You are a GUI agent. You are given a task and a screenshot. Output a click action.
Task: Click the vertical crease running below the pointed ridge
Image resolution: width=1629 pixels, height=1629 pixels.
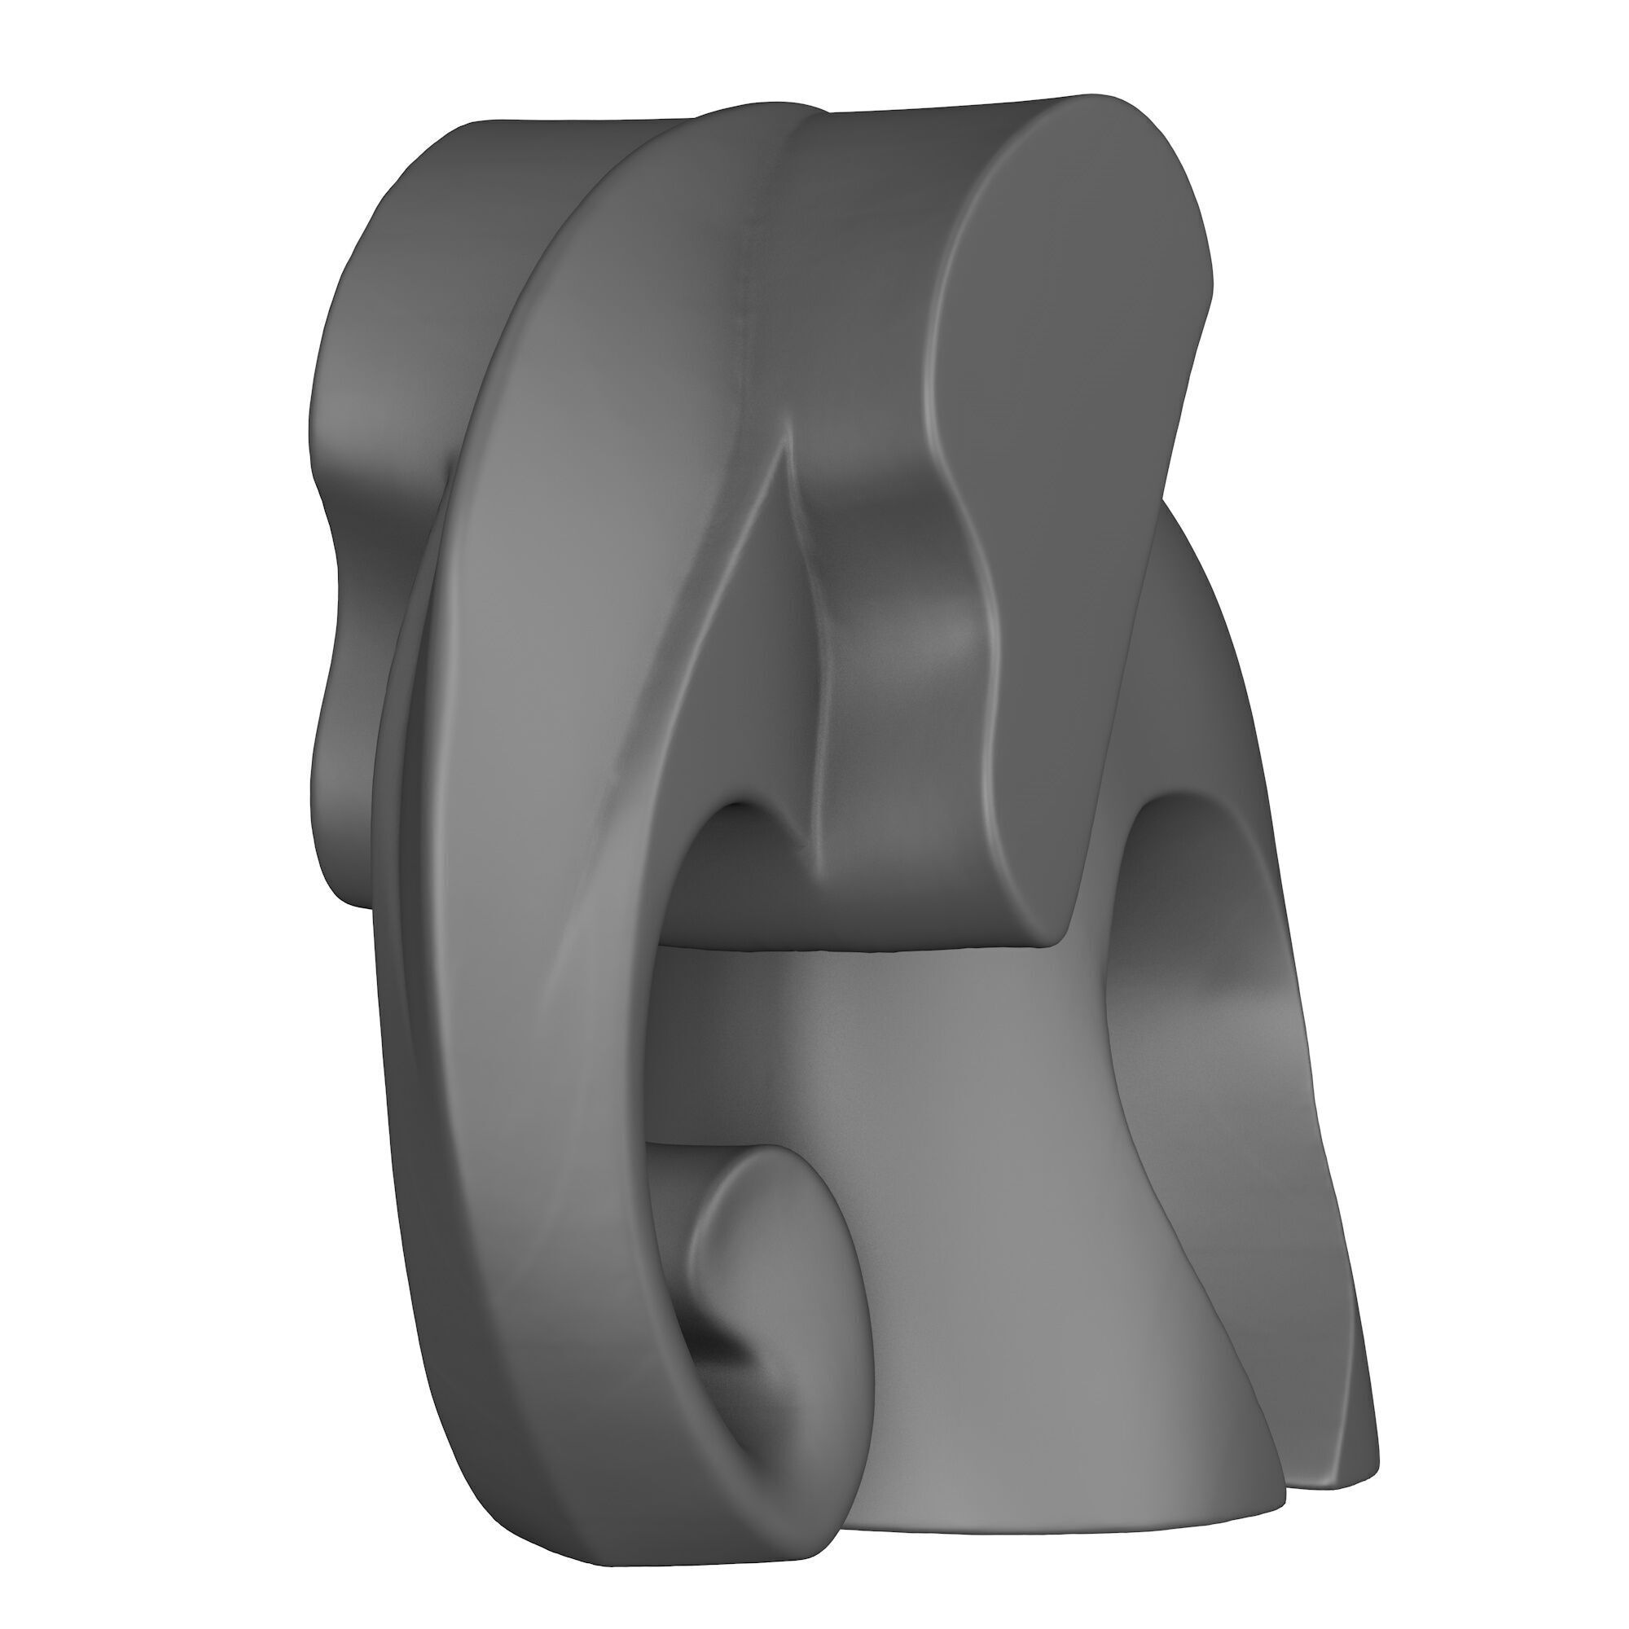(x=814, y=717)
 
